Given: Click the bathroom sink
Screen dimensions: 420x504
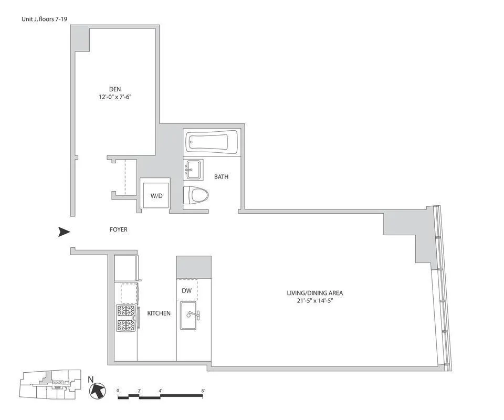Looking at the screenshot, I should coord(193,169).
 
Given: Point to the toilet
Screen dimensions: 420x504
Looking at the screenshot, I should coord(196,196).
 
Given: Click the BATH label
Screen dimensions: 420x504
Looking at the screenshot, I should coord(221,177).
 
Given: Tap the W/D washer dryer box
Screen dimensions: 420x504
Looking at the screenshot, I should coord(156,196).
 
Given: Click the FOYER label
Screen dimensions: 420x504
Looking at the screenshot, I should coord(118,229).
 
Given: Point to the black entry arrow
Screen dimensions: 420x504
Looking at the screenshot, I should coord(64,232).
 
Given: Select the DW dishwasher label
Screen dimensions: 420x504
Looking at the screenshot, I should coord(186,290).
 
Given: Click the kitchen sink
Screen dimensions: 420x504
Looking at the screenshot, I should coord(190,315).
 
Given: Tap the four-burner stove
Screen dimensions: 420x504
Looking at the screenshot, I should coord(126,318).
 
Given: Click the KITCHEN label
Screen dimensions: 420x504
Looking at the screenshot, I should coord(159,313).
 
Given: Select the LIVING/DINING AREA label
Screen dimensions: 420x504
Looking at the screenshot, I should coord(314,293).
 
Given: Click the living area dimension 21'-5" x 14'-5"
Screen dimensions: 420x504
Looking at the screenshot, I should coord(314,301).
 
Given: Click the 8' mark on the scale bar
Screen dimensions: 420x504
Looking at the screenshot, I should coord(203,391).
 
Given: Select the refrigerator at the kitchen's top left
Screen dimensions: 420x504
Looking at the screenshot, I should coord(126,268).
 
